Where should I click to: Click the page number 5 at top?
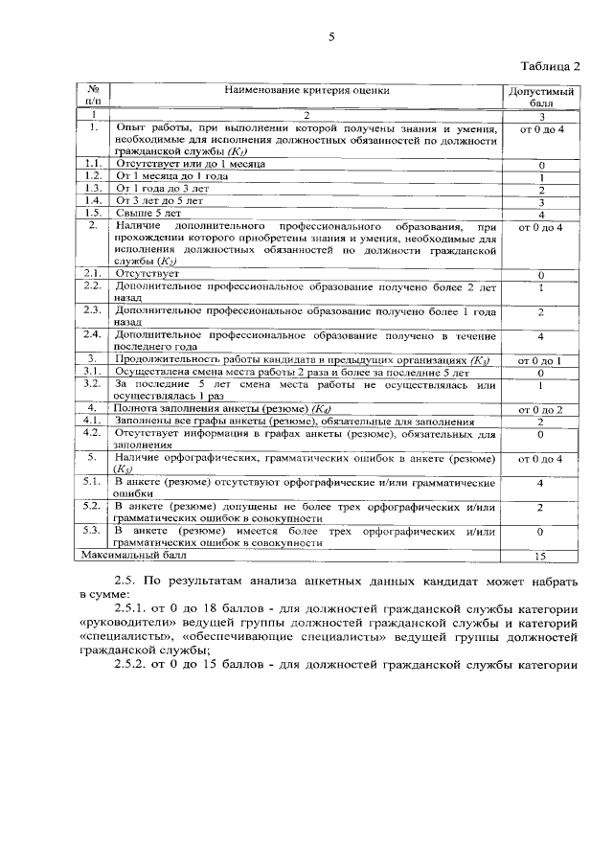click(x=331, y=37)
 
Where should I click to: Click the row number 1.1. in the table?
click(x=93, y=164)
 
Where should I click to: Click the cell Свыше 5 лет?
click(x=148, y=214)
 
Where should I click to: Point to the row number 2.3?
click(x=93, y=310)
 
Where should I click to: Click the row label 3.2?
click(x=93, y=383)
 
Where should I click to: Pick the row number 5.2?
click(x=93, y=505)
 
